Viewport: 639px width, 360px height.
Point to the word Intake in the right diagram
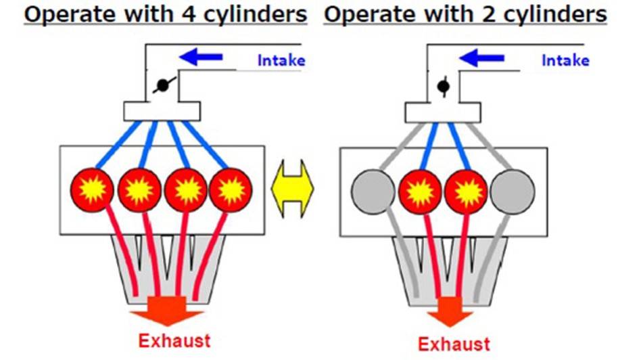(x=565, y=60)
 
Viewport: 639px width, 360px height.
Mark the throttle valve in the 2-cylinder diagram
(x=444, y=86)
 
